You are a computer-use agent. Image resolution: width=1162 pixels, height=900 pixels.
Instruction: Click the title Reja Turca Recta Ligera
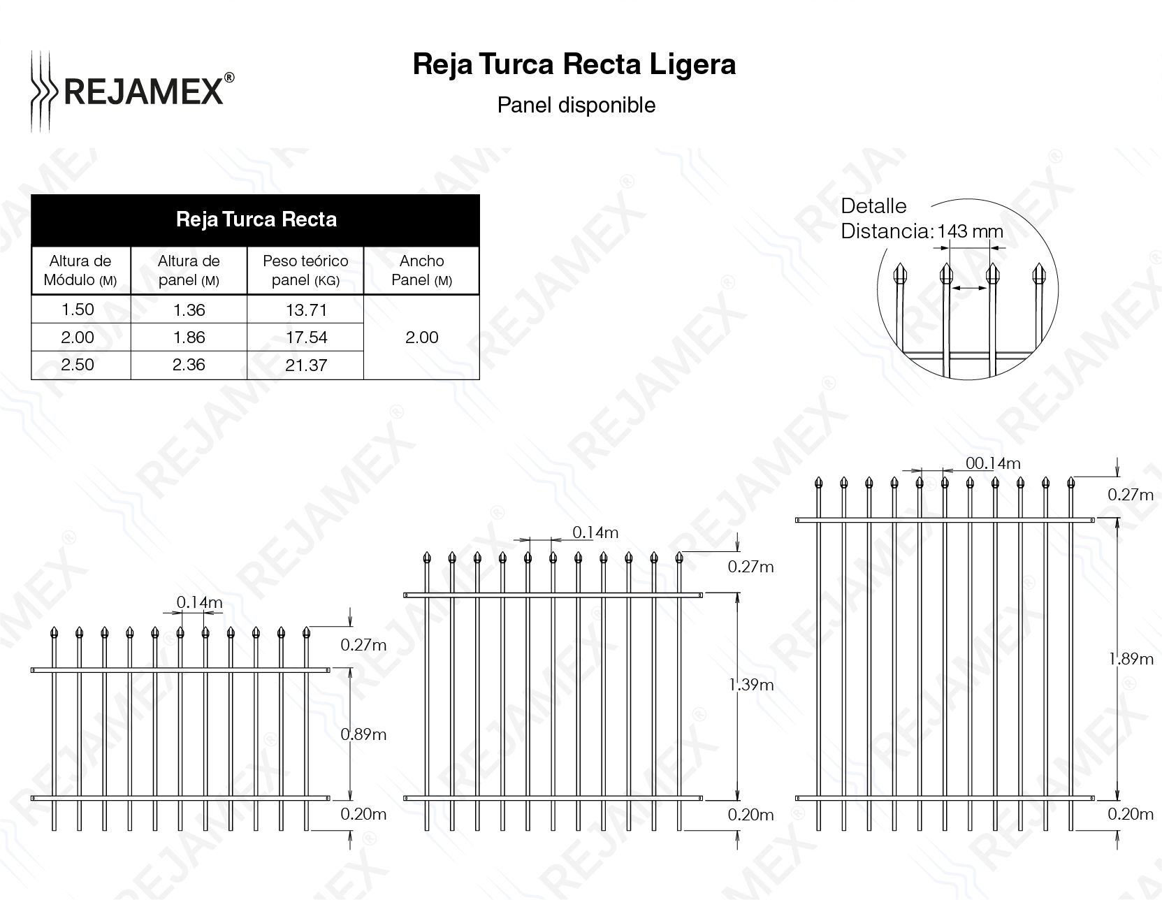point(574,64)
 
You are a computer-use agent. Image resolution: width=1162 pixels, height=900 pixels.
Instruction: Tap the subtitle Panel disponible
point(576,106)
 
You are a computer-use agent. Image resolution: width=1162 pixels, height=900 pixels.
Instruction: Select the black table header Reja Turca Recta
point(256,220)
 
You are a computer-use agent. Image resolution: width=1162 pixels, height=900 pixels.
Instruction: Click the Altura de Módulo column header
point(80,270)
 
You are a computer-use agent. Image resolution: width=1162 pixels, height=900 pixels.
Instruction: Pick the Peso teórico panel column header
point(305,270)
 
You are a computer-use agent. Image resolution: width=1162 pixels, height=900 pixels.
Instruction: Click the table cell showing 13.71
point(306,310)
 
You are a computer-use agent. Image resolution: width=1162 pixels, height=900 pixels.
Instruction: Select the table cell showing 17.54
point(306,337)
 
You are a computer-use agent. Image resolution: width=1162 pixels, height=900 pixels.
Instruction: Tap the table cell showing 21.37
point(306,365)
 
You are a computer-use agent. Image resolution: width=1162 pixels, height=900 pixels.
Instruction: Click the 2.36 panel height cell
point(189,365)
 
